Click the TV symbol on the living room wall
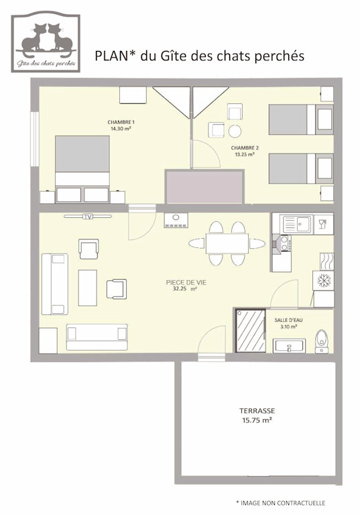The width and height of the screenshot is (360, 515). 88,217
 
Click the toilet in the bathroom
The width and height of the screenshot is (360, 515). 322,341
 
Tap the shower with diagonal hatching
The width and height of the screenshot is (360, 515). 251,331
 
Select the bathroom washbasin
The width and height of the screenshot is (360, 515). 290,346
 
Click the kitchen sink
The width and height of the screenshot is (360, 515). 297,224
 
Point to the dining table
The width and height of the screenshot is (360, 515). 227,243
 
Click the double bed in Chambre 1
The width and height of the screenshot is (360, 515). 82,169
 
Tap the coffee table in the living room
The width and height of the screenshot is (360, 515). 88,288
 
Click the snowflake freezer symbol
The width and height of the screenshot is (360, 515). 324,280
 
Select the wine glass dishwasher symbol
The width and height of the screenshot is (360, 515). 324,224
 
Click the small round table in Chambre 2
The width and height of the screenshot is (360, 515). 235,131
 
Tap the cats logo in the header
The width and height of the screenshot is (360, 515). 46,42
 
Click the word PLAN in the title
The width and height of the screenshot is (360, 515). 112,56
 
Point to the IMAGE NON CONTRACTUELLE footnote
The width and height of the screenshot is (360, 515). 281,503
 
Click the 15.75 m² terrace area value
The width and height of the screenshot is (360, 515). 257,420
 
